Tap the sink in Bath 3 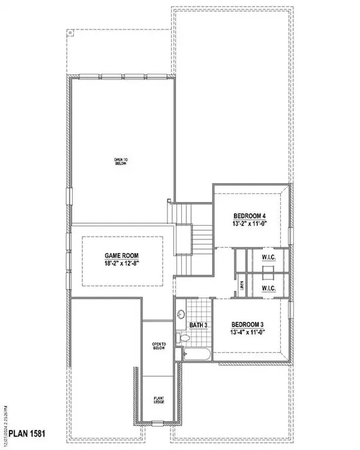pos(181,315)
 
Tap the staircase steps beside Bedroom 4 pos(202,240)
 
